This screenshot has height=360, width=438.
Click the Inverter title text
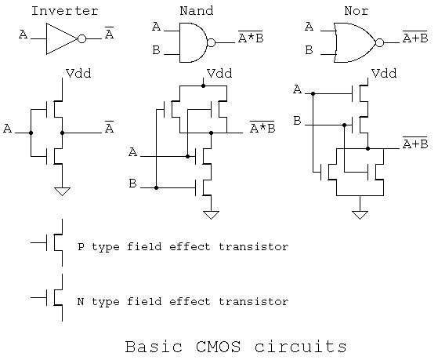pyautogui.click(x=64, y=11)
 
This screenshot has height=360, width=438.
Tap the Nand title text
pyautogui.click(x=197, y=11)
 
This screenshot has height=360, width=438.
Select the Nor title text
pyautogui.click(x=357, y=11)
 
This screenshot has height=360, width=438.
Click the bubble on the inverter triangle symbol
pyautogui.click(x=81, y=38)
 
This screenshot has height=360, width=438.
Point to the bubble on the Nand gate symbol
pyautogui.click(x=212, y=43)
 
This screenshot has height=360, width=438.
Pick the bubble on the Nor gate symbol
pyautogui.click(x=379, y=43)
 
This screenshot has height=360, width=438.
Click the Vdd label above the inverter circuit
pyautogui.click(x=78, y=73)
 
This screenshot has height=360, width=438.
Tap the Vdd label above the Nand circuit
pyautogui.click(x=219, y=73)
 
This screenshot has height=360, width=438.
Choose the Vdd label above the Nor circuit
pyautogui.click(x=384, y=73)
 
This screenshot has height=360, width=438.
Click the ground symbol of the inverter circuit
pyautogui.click(x=62, y=191)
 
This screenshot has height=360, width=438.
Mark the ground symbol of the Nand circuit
pyautogui.click(x=211, y=215)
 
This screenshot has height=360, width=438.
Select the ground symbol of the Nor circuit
pyautogui.click(x=360, y=215)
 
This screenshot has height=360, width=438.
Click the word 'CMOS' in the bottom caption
pyautogui.click(x=218, y=347)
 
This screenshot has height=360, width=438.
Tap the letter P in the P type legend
pyautogui.click(x=81, y=247)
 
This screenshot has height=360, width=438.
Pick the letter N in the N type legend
pyautogui.click(x=81, y=301)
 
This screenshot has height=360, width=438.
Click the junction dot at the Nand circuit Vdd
pyautogui.click(x=203, y=85)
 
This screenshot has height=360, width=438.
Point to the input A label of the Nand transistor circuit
pyautogui.click(x=133, y=152)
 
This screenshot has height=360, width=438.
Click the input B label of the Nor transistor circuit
pyautogui.click(x=297, y=121)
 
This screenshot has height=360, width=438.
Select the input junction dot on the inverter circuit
pyautogui.click(x=31, y=133)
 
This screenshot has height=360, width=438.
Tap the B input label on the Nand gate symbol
pyautogui.click(x=156, y=50)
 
